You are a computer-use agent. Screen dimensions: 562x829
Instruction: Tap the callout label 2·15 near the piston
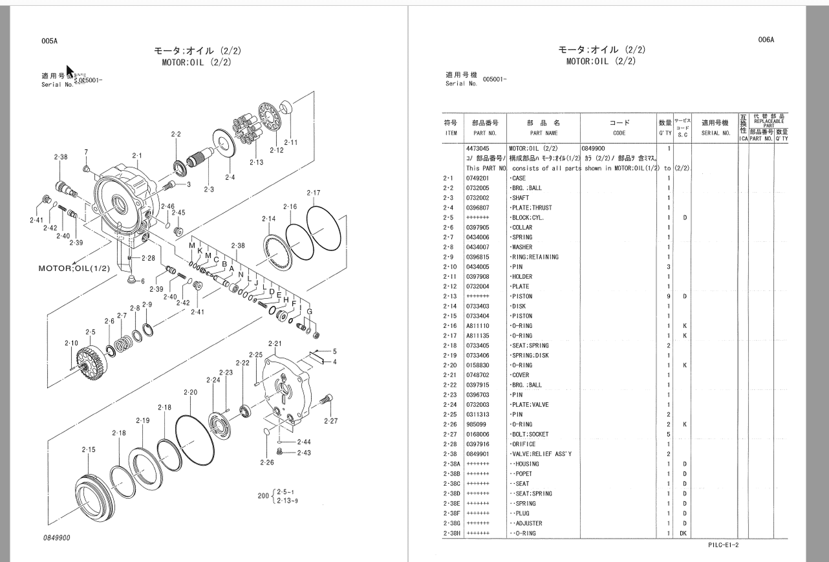(x=88, y=449)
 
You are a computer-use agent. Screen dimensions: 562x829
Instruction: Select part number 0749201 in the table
(x=477, y=178)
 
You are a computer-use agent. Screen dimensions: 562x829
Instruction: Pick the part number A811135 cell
(x=477, y=336)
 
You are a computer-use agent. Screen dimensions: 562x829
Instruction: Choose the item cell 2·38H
(x=451, y=533)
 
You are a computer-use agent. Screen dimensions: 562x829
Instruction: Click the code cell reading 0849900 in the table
(x=593, y=148)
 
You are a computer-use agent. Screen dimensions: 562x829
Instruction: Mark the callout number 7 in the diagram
(x=86, y=152)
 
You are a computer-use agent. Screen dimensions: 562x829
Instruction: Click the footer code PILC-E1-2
(x=722, y=545)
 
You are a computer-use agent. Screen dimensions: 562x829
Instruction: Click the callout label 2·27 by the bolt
(x=330, y=421)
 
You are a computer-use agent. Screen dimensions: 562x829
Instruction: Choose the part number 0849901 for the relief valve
(x=477, y=454)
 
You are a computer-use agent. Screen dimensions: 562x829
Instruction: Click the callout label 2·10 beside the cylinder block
(x=72, y=343)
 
